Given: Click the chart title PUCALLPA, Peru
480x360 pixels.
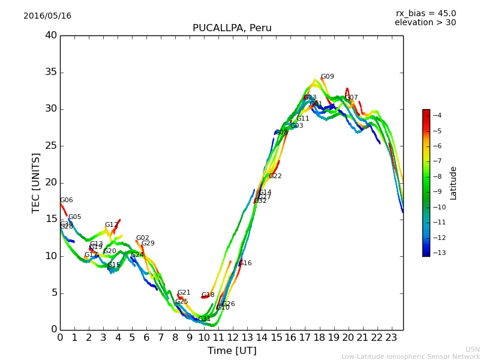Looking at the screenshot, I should (x=232, y=28).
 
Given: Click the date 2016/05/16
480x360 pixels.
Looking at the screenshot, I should (x=47, y=16).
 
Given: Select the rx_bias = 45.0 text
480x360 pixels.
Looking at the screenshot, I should (x=425, y=13).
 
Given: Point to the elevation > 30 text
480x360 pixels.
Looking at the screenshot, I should (x=425, y=23).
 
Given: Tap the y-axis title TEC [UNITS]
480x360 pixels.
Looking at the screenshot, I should (x=37, y=182).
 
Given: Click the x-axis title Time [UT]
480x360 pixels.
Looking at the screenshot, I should (x=232, y=351).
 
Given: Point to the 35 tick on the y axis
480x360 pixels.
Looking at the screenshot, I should (x=51, y=72).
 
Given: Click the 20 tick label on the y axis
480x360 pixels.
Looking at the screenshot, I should (x=51, y=182).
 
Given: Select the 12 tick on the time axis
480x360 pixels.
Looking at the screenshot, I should (x=233, y=337).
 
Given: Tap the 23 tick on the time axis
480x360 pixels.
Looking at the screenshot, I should (x=392, y=337).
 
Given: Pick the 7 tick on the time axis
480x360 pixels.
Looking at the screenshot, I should (x=161, y=337).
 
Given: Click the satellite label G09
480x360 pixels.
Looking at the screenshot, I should (x=327, y=77).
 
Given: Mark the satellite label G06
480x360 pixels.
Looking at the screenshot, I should (x=66, y=200).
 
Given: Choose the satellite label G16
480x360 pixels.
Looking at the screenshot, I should (x=245, y=263).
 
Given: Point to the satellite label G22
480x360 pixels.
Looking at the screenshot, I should (x=275, y=176).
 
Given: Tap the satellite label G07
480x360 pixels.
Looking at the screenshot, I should (x=351, y=98).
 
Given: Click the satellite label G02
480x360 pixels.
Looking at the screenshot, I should (x=142, y=238).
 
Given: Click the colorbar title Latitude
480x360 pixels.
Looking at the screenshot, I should (x=454, y=182).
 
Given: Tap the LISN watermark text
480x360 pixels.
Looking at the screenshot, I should (x=472, y=349).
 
